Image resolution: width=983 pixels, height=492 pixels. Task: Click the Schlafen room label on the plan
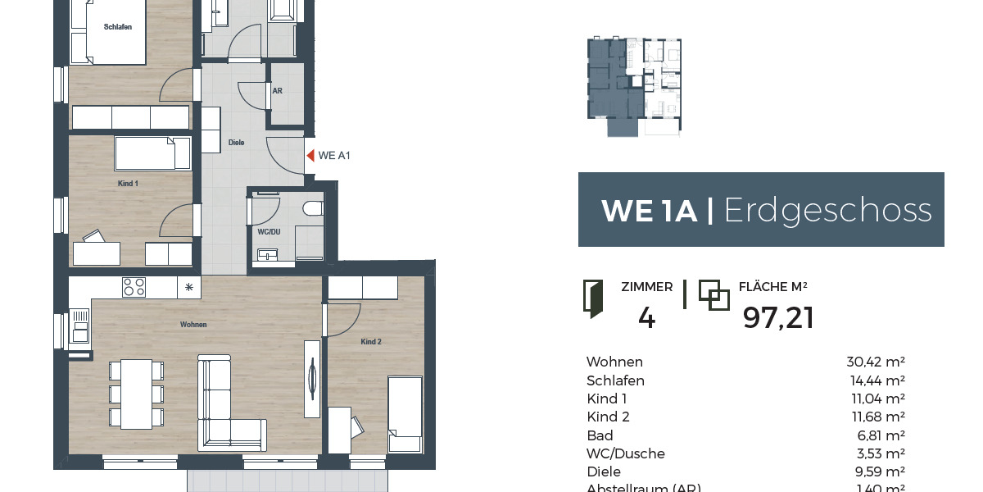[x=118, y=27]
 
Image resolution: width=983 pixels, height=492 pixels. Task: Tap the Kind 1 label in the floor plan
[x=128, y=184]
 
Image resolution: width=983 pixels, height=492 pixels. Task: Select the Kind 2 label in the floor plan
[x=371, y=342]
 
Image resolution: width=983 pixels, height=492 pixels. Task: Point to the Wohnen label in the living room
[x=193, y=325]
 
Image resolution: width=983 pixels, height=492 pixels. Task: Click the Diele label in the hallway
[x=236, y=143]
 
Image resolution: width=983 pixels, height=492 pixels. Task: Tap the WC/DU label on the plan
[x=269, y=232]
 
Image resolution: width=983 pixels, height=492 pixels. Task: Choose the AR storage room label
[x=278, y=91]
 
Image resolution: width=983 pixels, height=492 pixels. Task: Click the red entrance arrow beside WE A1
[x=310, y=155]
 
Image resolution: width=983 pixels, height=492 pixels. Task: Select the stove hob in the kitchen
[x=134, y=287]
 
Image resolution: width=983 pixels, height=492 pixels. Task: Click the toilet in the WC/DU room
[x=311, y=208]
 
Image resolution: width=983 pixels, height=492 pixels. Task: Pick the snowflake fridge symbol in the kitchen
[x=189, y=287]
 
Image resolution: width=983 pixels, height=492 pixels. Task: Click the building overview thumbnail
[x=634, y=85]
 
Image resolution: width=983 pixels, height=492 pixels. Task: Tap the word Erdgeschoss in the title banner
[x=827, y=211]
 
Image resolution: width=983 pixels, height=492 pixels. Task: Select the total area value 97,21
[x=778, y=318]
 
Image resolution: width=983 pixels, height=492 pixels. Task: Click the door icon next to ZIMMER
[x=592, y=298]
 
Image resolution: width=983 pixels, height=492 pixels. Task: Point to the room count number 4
[x=646, y=318]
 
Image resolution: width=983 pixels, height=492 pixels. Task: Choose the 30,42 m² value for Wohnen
[x=875, y=362]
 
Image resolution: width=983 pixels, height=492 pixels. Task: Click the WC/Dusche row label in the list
[x=626, y=453]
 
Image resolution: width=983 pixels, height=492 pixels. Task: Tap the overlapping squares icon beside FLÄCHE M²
[x=713, y=295]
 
